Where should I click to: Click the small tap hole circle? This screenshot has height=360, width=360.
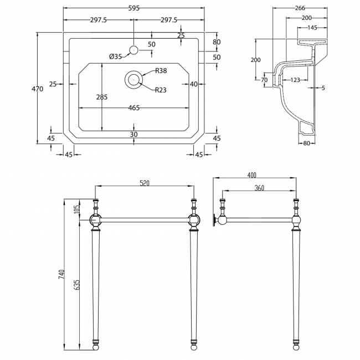(133, 50)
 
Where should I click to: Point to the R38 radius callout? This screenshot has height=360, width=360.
(161, 70)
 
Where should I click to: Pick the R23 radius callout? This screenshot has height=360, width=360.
(161, 90)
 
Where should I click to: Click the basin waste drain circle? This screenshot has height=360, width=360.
(133, 80)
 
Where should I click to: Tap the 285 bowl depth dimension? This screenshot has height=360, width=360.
(102, 97)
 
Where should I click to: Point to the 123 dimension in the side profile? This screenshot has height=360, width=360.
(295, 80)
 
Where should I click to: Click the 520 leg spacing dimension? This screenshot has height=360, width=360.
(145, 182)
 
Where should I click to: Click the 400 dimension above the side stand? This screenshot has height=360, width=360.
(256, 175)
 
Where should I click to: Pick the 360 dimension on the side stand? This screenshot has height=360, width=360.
(259, 188)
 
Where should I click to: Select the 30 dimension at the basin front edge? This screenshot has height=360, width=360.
(133, 135)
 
